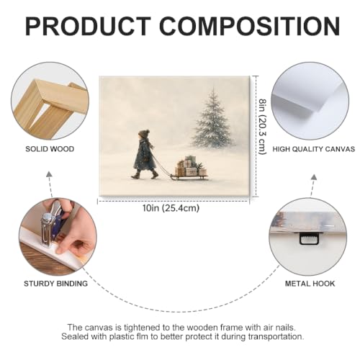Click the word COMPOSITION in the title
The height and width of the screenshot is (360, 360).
point(249,26)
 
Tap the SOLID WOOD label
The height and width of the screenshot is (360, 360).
point(50,149)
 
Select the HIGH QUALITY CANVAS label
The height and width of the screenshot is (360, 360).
point(314,149)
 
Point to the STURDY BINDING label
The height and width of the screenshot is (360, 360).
point(55,284)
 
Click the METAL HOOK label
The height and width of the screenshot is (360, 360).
point(310,284)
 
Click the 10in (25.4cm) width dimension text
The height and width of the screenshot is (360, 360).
point(171,208)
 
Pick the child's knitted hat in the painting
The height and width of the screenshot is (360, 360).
point(144,134)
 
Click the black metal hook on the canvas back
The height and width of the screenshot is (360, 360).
point(309,238)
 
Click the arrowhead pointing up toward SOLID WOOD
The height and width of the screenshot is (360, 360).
point(49,174)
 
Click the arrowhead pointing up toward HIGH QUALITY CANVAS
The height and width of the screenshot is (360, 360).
point(314,177)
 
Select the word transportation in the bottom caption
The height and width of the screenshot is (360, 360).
point(276,336)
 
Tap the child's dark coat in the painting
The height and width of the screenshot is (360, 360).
point(143,156)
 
